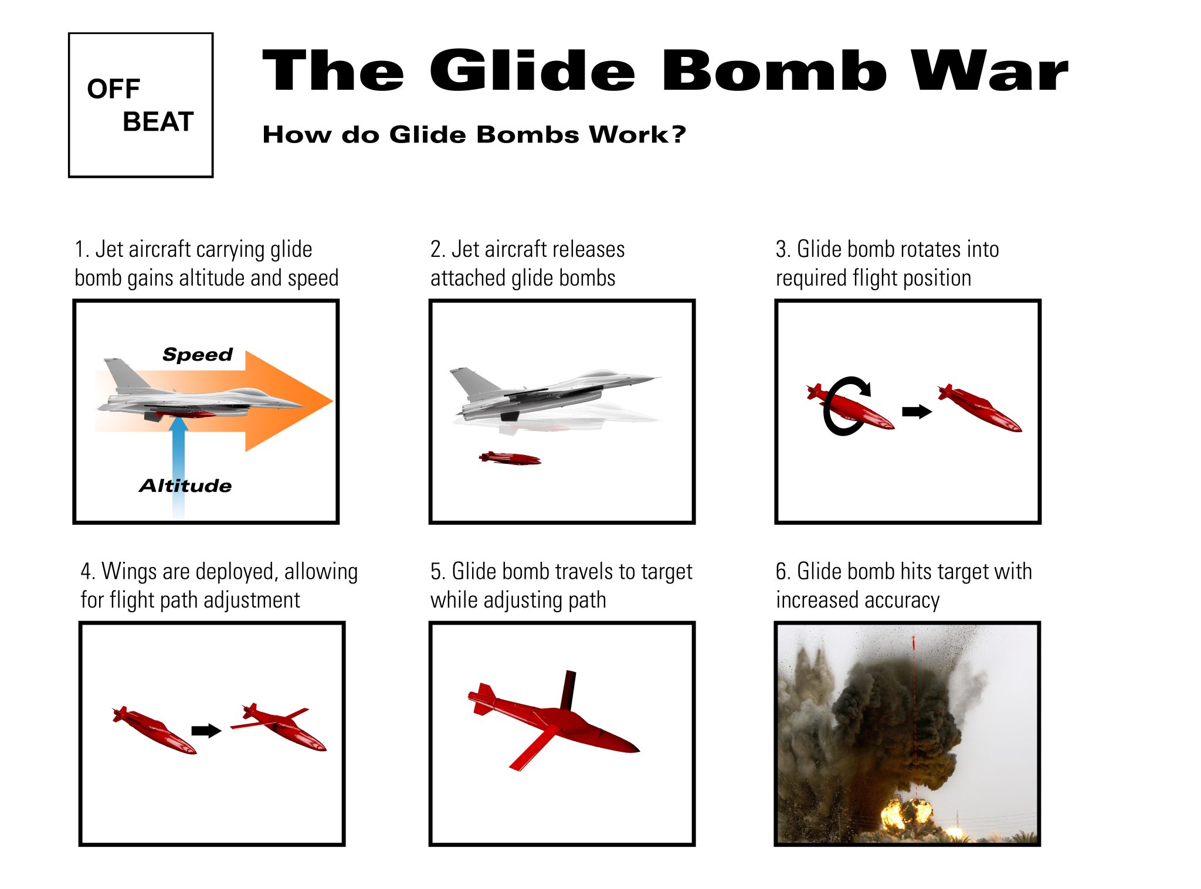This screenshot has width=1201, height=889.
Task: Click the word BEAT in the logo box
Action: [x=158, y=122]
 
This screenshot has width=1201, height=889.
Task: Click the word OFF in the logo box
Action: [x=113, y=89]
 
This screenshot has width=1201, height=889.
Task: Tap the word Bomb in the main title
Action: [x=774, y=71]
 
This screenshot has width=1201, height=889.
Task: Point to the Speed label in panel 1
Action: [x=198, y=354]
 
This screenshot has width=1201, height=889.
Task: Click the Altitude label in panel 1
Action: [x=185, y=486]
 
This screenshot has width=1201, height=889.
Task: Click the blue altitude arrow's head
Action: [x=178, y=424]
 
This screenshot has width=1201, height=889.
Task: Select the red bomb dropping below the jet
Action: [x=510, y=458]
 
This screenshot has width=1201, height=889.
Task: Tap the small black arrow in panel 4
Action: [x=206, y=730]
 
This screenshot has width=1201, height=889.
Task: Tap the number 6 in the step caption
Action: [x=782, y=571]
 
